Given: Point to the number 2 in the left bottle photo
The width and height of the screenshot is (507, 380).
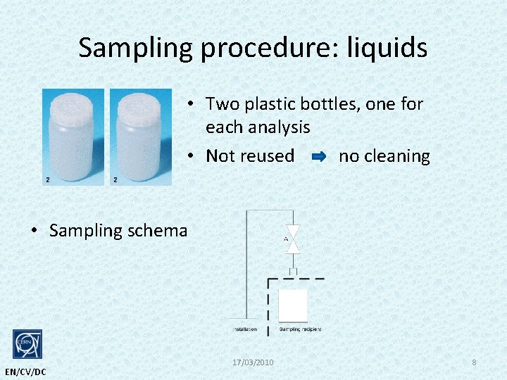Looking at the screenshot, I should coord(47,180).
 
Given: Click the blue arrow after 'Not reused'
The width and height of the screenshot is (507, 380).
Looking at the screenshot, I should coord(318,157).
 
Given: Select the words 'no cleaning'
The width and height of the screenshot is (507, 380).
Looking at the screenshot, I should coord(384,156).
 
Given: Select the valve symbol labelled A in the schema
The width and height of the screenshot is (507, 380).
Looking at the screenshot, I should coord(293,239).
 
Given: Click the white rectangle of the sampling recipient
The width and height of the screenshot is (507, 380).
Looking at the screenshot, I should coord(293,305).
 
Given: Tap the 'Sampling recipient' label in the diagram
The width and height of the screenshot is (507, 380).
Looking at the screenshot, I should coord(300,329).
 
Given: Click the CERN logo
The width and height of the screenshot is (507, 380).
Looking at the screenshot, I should coord(27,345).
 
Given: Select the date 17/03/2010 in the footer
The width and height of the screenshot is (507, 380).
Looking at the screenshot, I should coord(253,362).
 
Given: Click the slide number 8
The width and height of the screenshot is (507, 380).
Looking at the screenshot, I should coord(474,362).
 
